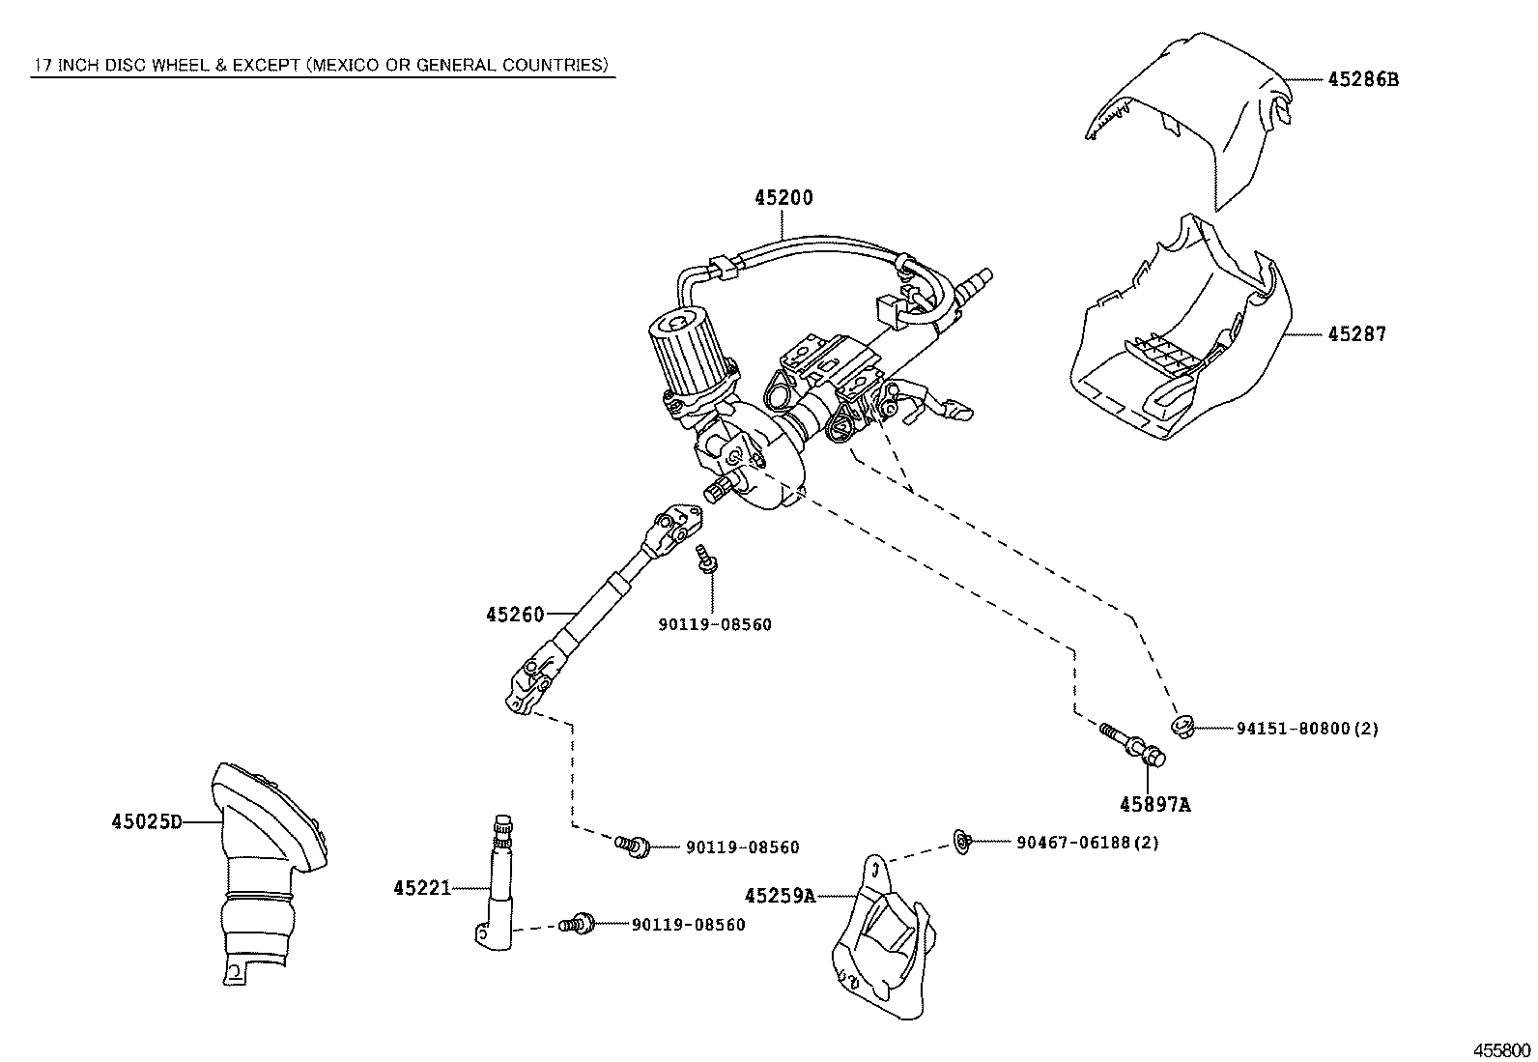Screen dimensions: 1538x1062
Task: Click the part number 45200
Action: [783, 198]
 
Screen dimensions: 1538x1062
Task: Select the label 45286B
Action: [1363, 79]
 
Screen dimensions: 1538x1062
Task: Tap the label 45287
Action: [1356, 334]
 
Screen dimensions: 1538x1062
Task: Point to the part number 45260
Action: [515, 615]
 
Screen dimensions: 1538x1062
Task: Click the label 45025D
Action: [147, 821]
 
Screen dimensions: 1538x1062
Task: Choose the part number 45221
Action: [422, 888]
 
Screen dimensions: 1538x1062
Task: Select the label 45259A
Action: [780, 896]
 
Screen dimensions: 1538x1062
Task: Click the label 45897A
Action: [1154, 804]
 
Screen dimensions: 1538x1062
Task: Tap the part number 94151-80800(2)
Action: [1307, 729]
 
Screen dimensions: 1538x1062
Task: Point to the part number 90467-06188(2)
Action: [1088, 843]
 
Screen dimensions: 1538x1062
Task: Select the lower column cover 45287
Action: [1181, 330]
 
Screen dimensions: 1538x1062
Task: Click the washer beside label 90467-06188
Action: [962, 842]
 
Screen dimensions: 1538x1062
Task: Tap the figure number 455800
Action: [1502, 1051]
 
